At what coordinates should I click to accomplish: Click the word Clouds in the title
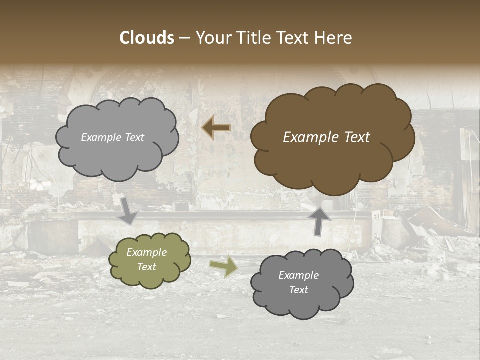(147, 38)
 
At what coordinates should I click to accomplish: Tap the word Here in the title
(332, 38)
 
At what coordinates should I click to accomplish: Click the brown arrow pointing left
(216, 128)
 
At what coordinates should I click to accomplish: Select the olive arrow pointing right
(223, 267)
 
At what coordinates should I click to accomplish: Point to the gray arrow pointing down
(128, 210)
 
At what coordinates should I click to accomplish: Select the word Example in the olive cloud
(146, 252)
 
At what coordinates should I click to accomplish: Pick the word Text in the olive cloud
(147, 267)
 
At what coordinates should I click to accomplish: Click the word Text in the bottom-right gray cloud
(299, 290)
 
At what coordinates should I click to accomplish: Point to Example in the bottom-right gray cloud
(299, 275)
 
